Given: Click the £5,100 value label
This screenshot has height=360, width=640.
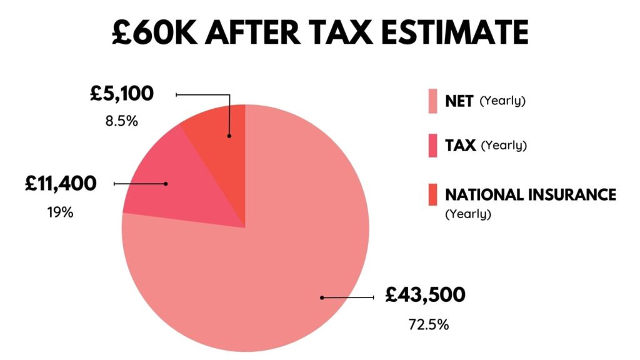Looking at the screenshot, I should [121, 95].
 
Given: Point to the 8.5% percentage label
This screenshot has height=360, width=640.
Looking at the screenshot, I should [121, 121].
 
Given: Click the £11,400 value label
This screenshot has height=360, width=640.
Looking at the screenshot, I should [61, 184].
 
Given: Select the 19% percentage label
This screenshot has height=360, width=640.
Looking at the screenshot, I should [61, 212].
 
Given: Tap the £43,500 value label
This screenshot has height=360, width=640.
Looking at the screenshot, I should [425, 294].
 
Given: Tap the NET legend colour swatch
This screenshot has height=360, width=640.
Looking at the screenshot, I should [431, 101].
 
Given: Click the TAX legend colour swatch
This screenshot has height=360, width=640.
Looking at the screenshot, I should [431, 146].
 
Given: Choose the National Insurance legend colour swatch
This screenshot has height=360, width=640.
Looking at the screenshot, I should [431, 194].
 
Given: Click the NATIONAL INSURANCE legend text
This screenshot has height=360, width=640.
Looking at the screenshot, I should [530, 194].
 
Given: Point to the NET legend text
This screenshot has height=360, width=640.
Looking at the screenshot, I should [459, 101].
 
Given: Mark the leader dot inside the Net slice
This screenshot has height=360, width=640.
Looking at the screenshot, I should [322, 297].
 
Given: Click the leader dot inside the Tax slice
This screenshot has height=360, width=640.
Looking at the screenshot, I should [166, 184].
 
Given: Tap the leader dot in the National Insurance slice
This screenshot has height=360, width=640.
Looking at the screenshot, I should [229, 135].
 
